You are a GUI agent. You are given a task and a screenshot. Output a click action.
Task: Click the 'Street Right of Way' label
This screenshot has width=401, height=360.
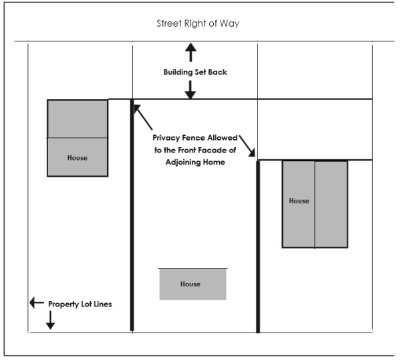pos(197,23)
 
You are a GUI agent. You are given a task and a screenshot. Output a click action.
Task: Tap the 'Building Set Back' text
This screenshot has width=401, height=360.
pos(195,72)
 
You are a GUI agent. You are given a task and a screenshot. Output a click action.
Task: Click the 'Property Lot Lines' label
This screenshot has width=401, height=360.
pos(80,304)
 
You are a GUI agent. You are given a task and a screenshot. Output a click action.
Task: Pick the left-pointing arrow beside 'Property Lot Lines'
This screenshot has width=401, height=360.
pos(36,303)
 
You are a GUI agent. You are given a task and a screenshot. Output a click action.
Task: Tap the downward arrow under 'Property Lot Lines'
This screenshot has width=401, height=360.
pos(50,322)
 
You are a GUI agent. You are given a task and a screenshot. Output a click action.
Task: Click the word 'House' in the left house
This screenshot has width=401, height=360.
pos(78,158)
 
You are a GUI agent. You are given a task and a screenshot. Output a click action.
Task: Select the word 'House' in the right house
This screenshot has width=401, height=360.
pos(299,201)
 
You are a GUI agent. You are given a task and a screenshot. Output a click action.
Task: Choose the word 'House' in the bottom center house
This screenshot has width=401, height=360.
pos(190,284)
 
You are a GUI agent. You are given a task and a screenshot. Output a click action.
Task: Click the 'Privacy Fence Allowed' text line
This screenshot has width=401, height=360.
pos(195,137)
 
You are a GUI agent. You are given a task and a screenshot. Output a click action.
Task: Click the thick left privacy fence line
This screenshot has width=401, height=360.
pos(132,221)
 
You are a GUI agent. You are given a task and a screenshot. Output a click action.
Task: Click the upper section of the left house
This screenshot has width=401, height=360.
pos(78,118)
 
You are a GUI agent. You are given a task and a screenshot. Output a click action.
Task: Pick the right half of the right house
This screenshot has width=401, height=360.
pos(331,204)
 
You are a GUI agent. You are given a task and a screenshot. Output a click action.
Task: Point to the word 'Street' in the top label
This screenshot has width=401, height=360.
pos(168,23)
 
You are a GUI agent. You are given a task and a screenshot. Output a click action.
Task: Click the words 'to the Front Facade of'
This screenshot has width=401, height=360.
pos(194,150)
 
